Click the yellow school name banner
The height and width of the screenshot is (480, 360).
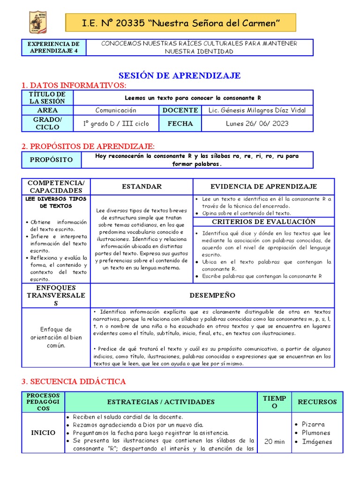180,23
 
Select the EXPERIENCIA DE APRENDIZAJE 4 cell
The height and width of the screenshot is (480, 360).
54,47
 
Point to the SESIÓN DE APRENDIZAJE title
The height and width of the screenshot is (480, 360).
180,75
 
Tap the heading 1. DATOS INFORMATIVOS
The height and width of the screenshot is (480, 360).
74,85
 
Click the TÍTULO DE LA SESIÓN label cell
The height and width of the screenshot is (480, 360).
48,97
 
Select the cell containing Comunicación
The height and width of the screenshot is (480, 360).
116,110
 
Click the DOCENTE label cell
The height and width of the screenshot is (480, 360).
180,110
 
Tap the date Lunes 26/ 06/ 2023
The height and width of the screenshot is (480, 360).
257,124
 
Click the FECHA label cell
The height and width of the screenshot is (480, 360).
180,124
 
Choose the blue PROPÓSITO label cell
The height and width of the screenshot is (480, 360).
52,160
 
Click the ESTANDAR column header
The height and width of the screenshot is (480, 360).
142,187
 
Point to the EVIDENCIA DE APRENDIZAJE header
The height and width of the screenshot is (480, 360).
263,187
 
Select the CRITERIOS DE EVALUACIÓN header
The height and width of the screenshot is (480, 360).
263,222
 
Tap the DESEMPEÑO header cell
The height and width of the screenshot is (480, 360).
212,295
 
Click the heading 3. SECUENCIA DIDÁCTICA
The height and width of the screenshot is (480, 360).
74,382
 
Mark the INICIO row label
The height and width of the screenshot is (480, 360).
43,433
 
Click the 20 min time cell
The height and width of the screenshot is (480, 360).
274,442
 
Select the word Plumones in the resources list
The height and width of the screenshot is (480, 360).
316,433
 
